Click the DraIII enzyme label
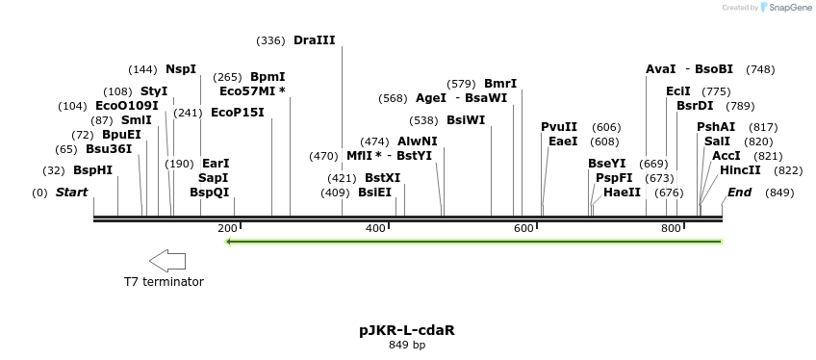[314, 40]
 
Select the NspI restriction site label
[180, 69]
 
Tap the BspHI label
[92, 170]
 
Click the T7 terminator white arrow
[167, 260]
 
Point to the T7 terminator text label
[164, 282]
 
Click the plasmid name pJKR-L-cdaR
[407, 330]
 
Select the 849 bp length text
[407, 345]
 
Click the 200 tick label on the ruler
[227, 228]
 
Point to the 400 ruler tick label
[375, 228]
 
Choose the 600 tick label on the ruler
[523, 228]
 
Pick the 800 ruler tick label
[671, 228]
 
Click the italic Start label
[71, 193]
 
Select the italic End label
[739, 193]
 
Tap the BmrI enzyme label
[500, 84]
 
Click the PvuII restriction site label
[559, 127]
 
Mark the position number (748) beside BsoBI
[760, 69]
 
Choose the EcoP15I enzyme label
[237, 113]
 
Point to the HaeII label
[622, 193]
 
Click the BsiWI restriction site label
[466, 120]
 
